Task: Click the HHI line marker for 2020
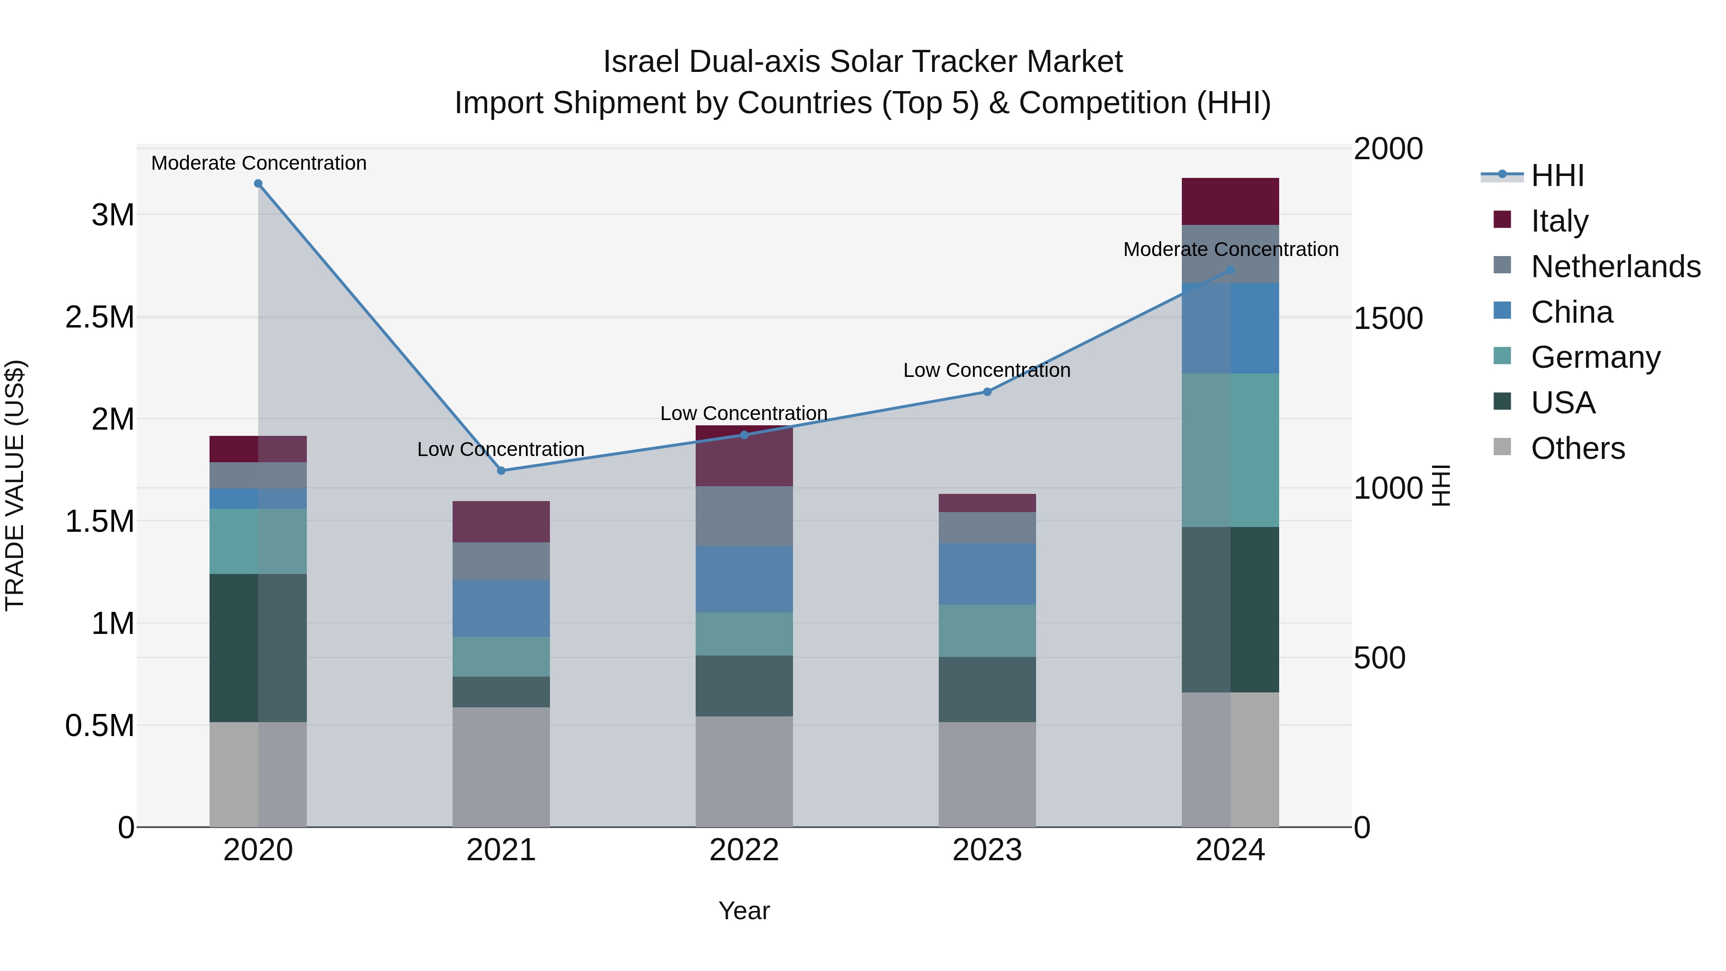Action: click(x=258, y=184)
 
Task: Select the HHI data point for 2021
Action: click(x=501, y=470)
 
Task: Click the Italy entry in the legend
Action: click(x=1559, y=221)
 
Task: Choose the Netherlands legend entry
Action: click(x=1615, y=266)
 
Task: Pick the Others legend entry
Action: click(x=1577, y=448)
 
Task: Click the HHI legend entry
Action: click(x=1557, y=175)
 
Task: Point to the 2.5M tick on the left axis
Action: click(x=100, y=317)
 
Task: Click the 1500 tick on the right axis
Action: click(x=1388, y=318)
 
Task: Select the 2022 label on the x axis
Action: click(x=744, y=850)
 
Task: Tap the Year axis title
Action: click(x=744, y=911)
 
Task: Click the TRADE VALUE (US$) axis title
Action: click(x=15, y=485)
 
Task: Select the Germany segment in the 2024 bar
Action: click(x=1230, y=450)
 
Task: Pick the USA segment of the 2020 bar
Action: click(x=258, y=647)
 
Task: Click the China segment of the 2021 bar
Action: click(x=501, y=608)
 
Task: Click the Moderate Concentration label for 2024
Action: click(x=1230, y=249)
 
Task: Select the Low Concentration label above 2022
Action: click(x=744, y=413)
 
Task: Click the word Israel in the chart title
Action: click(x=642, y=62)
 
